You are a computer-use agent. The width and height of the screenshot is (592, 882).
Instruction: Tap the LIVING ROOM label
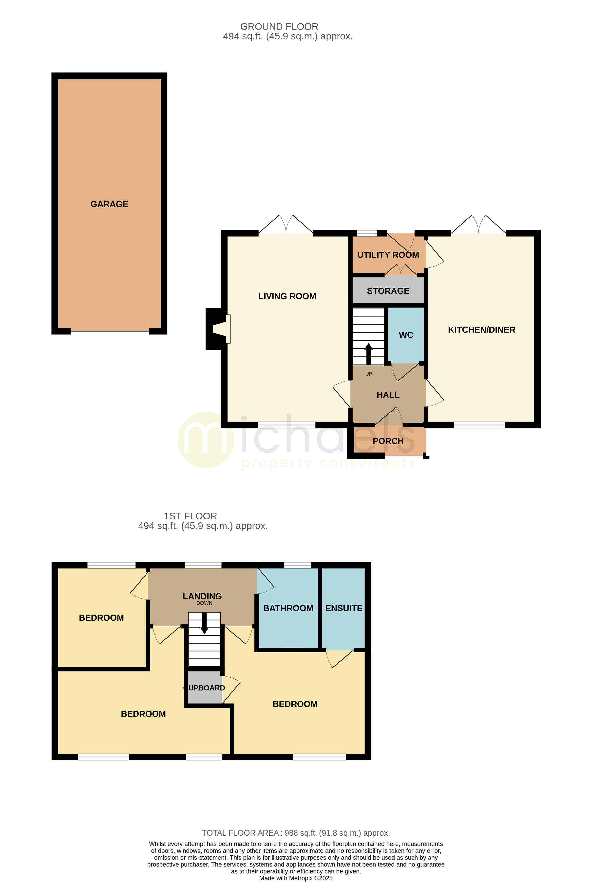point(287,296)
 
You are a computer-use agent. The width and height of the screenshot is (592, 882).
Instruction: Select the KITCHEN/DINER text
point(481,330)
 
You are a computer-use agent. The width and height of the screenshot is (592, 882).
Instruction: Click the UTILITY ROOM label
point(388,255)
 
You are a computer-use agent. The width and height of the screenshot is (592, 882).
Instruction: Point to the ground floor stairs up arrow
point(368,353)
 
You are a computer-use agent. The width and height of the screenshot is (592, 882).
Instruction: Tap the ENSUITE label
point(344,608)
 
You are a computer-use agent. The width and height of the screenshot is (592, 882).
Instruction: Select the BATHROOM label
point(288,608)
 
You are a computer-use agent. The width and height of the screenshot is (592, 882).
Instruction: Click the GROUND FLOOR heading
point(279,27)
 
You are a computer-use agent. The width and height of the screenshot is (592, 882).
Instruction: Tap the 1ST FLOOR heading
point(190,516)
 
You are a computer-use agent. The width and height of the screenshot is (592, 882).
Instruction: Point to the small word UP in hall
point(368,374)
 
